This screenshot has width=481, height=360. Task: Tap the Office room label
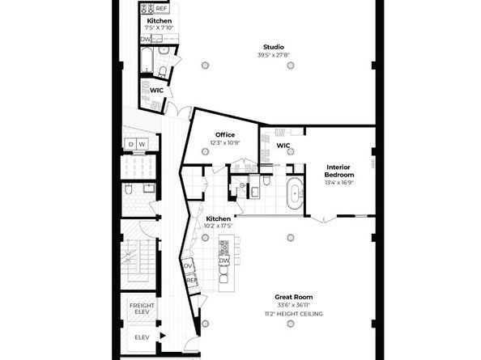click(224, 134)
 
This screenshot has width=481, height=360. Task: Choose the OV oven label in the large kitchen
click(188, 265)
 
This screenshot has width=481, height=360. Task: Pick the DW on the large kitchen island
click(223, 260)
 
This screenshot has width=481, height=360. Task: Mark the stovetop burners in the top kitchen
click(147, 8)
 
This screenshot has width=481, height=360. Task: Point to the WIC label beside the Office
click(283, 146)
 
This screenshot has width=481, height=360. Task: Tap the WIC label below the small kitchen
click(156, 90)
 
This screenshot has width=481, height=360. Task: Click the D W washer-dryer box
click(136, 144)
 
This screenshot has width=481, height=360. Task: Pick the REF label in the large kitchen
click(192, 280)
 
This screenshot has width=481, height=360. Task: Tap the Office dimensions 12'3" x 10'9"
click(224, 143)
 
